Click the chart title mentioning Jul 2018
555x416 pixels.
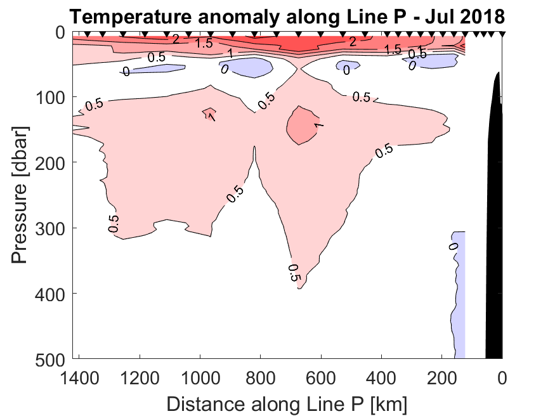click(286, 15)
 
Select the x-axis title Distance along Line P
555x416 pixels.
click(287, 402)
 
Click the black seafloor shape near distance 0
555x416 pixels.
click(494, 222)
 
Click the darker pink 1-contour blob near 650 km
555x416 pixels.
click(303, 125)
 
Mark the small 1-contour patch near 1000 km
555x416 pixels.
click(209, 114)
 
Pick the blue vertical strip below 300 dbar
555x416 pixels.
click(459, 292)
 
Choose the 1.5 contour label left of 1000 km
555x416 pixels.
click(204, 43)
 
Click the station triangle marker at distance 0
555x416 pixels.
click(502, 34)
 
